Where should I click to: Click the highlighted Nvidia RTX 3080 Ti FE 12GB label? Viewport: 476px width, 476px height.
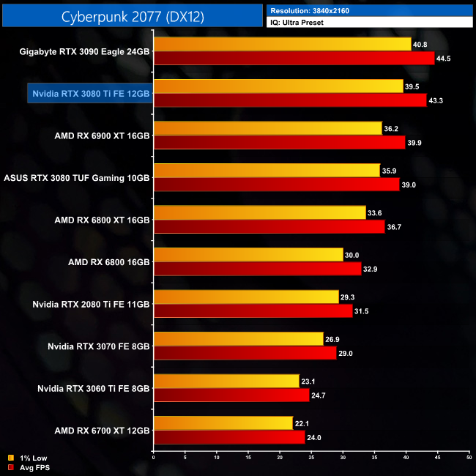pyautogui.click(x=91, y=94)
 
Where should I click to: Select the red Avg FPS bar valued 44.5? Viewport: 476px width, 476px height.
pyautogui.click(x=294, y=59)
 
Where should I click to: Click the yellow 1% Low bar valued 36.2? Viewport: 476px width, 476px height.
pyautogui.click(x=267, y=129)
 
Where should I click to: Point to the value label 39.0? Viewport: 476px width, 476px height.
pyautogui.click(x=409, y=185)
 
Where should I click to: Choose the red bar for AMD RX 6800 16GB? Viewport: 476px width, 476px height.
pyautogui.click(x=257, y=269)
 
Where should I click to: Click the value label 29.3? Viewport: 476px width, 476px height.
pyautogui.click(x=349, y=297)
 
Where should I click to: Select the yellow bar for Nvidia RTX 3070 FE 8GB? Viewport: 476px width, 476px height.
pyautogui.click(x=238, y=339)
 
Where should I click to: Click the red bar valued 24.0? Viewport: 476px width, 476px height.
pyautogui.click(x=228, y=437)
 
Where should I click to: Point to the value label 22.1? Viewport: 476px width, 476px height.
pyautogui.click(x=303, y=423)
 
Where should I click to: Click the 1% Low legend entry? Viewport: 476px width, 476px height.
pyautogui.click(x=29, y=459)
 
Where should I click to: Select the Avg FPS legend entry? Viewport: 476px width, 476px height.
pyautogui.click(x=31, y=467)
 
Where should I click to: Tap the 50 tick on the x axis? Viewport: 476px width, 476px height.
pyautogui.click(x=469, y=458)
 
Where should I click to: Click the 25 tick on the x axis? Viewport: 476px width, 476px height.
pyautogui.click(x=311, y=458)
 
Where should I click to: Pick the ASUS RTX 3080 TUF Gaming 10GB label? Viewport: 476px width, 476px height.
pyautogui.click(x=77, y=178)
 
